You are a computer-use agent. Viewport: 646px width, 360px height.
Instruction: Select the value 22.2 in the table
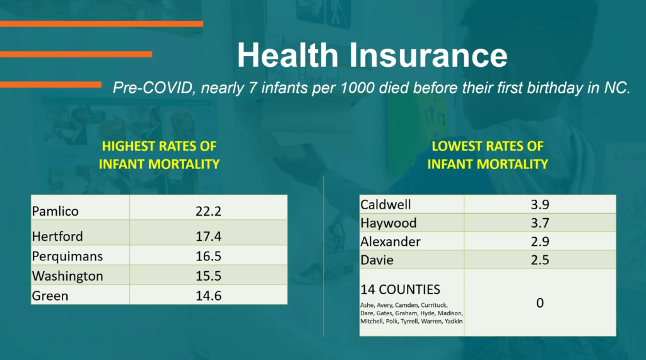208,211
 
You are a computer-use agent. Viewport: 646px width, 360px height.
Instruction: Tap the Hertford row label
57,236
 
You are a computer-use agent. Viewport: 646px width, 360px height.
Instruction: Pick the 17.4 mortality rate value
208,236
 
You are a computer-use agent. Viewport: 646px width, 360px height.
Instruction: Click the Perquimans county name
67,256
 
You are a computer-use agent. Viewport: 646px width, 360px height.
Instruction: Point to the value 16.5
208,256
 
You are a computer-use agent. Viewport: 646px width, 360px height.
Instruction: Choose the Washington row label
68,276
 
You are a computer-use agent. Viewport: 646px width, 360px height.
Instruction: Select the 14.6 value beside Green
208,296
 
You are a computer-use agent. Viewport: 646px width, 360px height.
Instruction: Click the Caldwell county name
385,205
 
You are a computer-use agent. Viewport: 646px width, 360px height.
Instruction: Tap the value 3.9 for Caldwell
540,205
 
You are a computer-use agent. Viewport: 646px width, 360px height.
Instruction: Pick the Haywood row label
389,223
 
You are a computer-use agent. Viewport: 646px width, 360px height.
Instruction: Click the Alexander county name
391,241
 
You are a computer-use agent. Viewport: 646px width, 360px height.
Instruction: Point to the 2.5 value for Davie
540,260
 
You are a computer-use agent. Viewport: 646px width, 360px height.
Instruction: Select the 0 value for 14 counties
540,303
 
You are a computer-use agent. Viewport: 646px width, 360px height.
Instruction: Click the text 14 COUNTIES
401,289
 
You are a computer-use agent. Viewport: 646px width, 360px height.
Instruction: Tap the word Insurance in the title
428,55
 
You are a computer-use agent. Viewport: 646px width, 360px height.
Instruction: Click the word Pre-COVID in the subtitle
153,88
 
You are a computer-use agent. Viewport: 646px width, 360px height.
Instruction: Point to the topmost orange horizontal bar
102,24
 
